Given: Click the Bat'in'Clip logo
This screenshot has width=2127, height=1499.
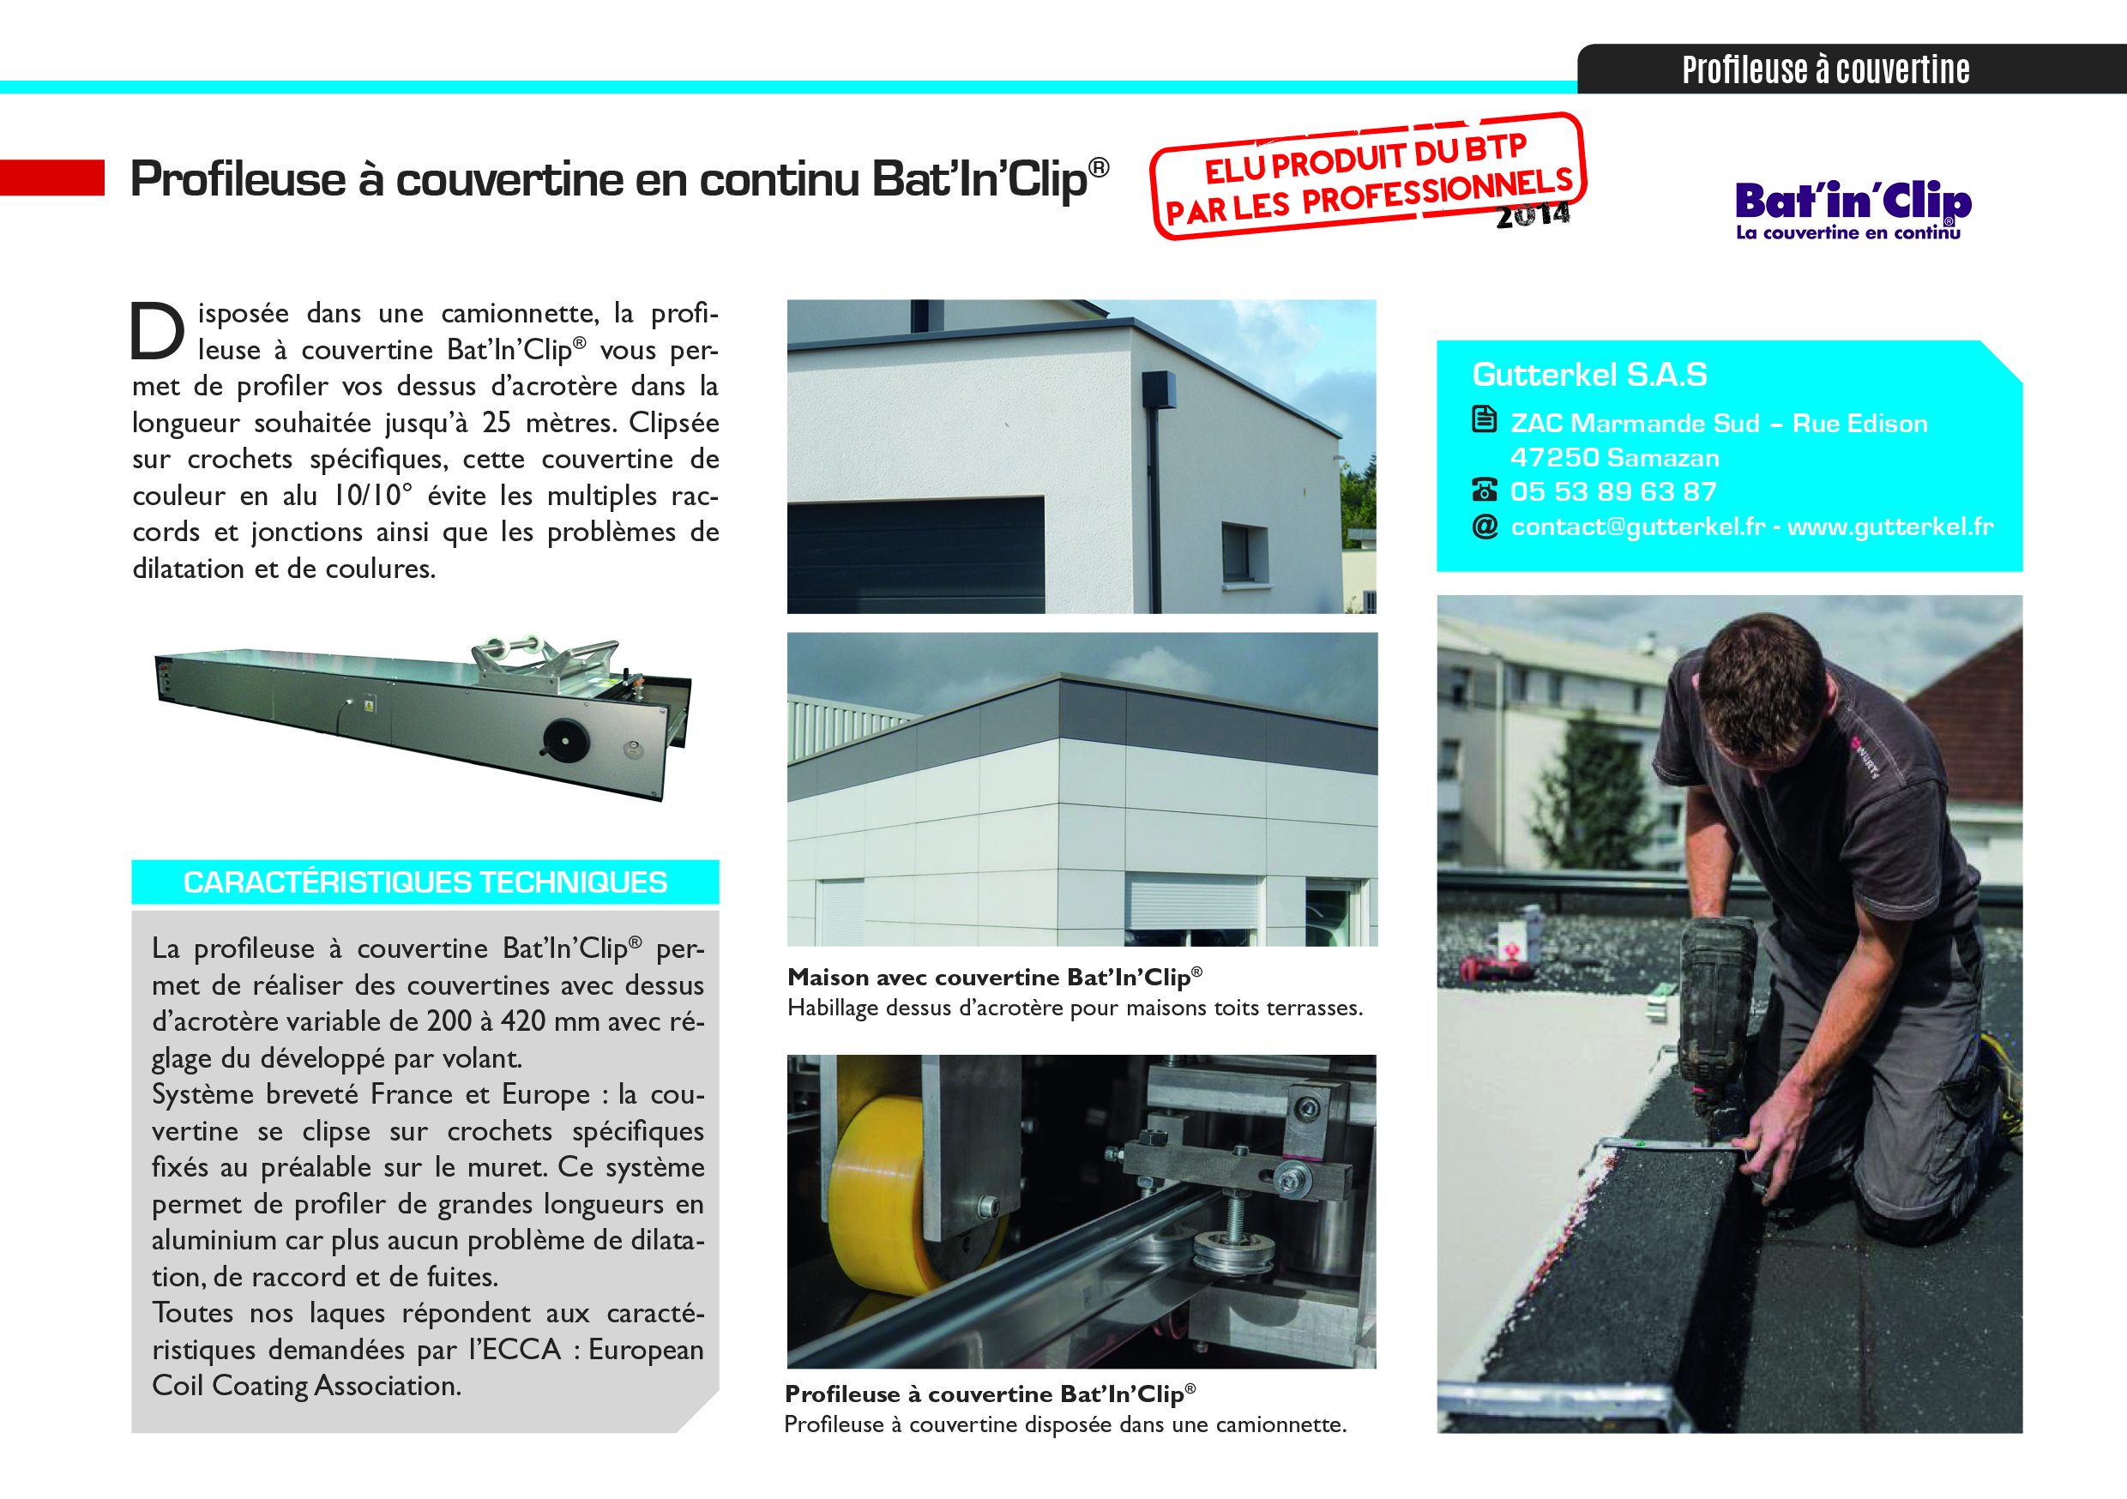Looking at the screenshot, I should coord(1852,209).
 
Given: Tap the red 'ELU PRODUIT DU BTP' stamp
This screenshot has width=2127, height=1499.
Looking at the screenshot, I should coord(1367,176).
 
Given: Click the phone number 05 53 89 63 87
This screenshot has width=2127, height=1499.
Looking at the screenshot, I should coord(1613,491).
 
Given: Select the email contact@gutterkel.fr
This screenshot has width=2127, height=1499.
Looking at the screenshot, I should coord(1637,527).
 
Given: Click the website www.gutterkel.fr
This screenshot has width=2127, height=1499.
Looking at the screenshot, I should coord(1889,527).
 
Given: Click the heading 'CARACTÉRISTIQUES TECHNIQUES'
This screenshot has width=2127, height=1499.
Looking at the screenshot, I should coord(425,882).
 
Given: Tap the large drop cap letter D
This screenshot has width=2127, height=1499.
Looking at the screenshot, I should coord(158,331).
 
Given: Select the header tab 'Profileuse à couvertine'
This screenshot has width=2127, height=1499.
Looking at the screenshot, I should coord(1825,70).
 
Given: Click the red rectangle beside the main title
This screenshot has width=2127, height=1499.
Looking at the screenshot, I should coord(51,178).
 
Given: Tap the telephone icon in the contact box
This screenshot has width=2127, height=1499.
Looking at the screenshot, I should coord(1484,491).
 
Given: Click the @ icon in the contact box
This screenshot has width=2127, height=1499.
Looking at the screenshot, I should coord(1484,527).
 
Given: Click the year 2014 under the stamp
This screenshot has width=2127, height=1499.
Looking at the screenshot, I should coord(1533,216).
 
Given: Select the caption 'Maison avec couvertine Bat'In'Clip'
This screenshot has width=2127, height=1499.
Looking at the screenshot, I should coord(994,977).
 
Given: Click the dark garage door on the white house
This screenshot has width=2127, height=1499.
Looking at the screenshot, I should coord(915,553).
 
